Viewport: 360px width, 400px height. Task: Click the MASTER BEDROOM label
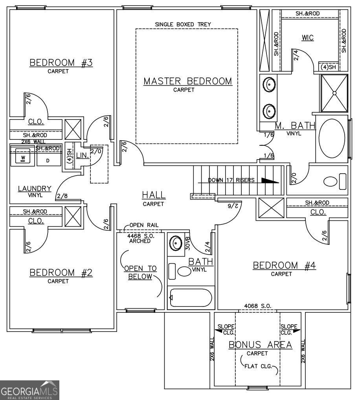point(188,81)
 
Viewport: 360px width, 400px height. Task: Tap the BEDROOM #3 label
point(61,62)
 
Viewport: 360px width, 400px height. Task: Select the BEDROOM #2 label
point(61,273)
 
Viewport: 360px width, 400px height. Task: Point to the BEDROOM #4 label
point(284,265)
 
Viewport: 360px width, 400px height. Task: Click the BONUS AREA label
point(260,345)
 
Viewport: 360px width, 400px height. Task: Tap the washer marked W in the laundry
point(23,155)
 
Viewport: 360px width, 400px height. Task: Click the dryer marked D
point(48,158)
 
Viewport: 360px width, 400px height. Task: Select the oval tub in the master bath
point(332,139)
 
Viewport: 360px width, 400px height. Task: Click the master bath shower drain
point(334,93)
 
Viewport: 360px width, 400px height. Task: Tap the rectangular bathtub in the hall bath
point(191,297)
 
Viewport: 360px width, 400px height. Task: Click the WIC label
point(308,38)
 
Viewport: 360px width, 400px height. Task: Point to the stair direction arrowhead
point(270,180)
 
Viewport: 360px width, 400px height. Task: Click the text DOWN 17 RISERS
point(231,180)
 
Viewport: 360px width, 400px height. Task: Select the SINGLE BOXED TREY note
point(183,24)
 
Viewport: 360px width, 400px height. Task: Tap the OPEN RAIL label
point(144,225)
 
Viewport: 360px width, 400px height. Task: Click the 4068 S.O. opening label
point(257,306)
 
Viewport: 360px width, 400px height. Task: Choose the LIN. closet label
point(82,155)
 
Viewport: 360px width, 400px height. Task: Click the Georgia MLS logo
point(29,390)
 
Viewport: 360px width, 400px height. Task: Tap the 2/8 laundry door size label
point(62,196)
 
